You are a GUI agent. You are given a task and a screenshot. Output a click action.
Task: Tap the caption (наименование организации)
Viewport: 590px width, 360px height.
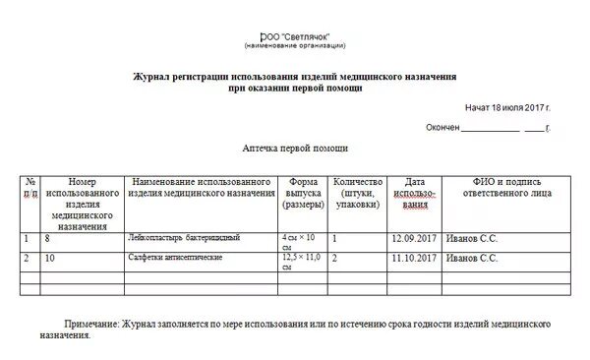295,46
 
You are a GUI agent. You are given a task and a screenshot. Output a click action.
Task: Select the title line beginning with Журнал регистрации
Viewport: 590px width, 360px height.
295,76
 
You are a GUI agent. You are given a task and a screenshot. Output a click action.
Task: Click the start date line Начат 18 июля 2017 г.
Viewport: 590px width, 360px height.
507,106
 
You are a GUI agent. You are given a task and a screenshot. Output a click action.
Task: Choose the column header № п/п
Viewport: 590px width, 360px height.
30,188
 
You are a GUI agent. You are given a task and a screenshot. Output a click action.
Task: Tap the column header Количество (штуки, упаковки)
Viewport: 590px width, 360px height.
357,194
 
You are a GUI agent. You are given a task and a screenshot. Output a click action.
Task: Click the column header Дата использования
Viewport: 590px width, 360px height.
414,194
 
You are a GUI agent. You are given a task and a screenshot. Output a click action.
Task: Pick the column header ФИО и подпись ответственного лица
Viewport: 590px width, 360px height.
505,188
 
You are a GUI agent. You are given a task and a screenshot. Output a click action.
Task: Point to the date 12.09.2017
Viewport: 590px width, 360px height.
413,239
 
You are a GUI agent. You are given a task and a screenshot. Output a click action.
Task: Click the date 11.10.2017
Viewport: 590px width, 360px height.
413,258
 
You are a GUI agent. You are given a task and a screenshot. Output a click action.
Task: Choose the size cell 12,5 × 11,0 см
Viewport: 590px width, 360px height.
301,261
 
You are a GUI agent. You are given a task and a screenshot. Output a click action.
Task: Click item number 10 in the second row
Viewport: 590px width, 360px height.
50,258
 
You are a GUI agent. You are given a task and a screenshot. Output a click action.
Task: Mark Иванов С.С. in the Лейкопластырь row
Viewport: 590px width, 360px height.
472,239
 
